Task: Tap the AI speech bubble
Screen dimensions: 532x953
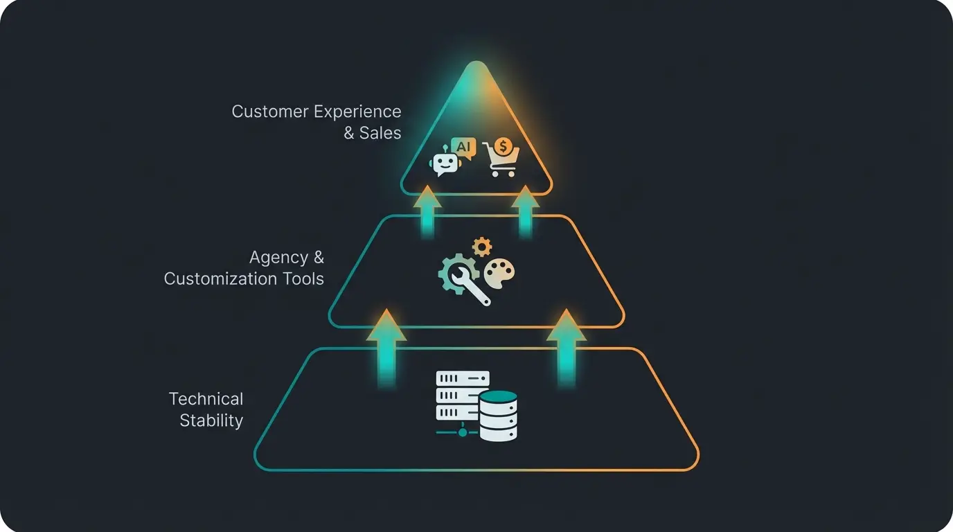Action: pyautogui.click(x=463, y=148)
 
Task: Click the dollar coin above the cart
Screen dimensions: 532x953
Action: pyautogui.click(x=504, y=146)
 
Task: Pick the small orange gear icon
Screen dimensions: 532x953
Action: pyautogui.click(x=481, y=247)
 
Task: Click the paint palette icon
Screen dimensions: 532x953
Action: pyautogui.click(x=499, y=274)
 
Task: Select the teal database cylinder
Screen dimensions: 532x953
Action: pyautogui.click(x=499, y=416)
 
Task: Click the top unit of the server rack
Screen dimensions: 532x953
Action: pyautogui.click(x=462, y=378)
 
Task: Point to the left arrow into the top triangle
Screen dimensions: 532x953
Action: pyautogui.click(x=427, y=211)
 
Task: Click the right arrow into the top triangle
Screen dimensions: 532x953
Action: pyautogui.click(x=526, y=211)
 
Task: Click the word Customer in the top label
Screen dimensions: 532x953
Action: pyautogui.click(x=270, y=112)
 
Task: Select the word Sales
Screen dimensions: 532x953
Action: pyautogui.click(x=380, y=133)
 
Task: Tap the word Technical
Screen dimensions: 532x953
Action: pyautogui.click(x=206, y=399)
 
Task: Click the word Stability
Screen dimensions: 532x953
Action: pyautogui.click(x=211, y=420)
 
